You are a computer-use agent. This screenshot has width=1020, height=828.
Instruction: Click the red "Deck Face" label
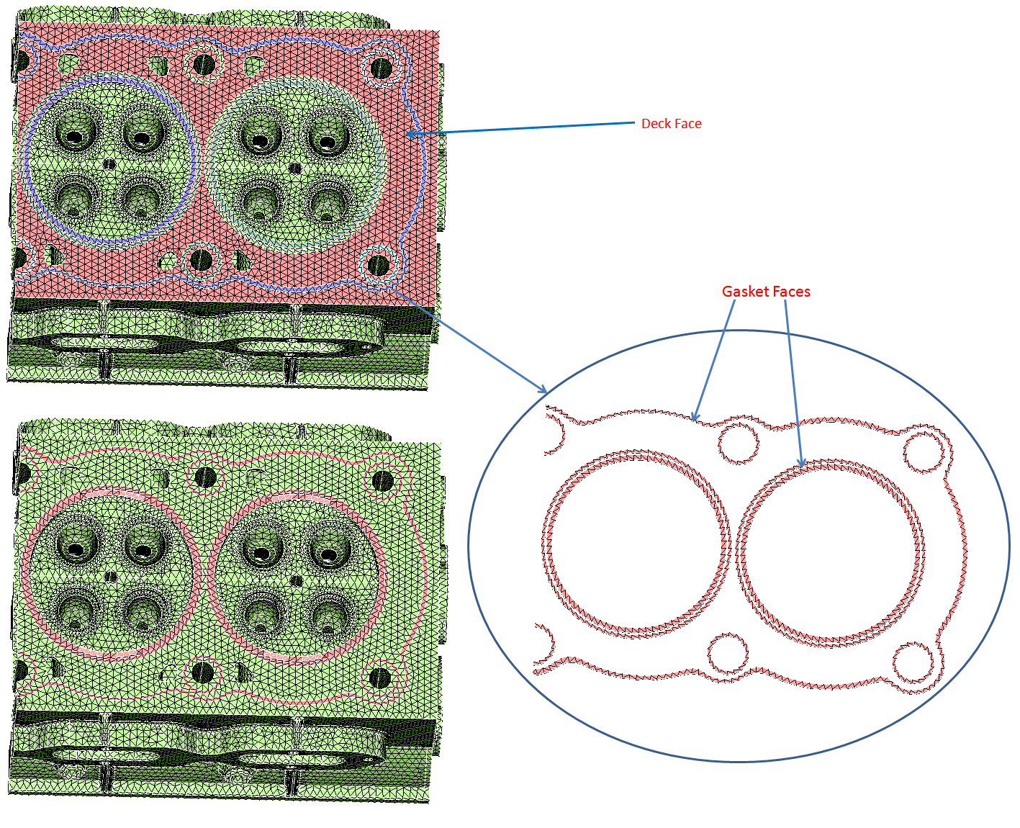coord(671,124)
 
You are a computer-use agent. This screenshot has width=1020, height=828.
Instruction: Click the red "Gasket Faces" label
coord(766,292)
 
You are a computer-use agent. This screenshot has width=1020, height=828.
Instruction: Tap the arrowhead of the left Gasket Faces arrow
coord(694,418)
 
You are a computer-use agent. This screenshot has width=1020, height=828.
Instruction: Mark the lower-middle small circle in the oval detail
coord(728,654)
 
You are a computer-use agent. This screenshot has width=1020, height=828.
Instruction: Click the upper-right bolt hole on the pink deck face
coord(381,68)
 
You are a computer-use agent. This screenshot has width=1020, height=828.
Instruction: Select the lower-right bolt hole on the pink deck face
coord(378,266)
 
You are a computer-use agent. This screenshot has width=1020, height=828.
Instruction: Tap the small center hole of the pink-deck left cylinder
coord(109,164)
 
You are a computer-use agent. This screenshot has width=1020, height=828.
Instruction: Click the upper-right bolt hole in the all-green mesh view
coord(382,481)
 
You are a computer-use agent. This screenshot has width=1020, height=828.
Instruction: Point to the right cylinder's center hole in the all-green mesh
coord(295,580)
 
